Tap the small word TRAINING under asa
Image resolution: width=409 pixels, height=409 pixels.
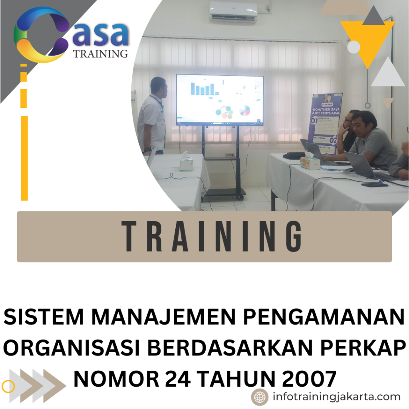click(101, 54)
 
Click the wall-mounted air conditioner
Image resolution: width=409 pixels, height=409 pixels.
click(233, 12)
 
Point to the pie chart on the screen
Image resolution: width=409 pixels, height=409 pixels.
click(244, 110)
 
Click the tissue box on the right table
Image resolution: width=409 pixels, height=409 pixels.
click(310, 161)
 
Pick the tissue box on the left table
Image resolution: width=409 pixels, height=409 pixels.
click(186, 163)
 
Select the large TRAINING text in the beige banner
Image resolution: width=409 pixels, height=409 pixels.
click(212, 237)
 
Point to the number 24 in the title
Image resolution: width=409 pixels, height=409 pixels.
click(180, 378)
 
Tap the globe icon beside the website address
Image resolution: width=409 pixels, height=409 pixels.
click(260, 397)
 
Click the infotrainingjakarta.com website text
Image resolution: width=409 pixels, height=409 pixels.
click(336, 397)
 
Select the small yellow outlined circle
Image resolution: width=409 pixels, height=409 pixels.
click(8, 386)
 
